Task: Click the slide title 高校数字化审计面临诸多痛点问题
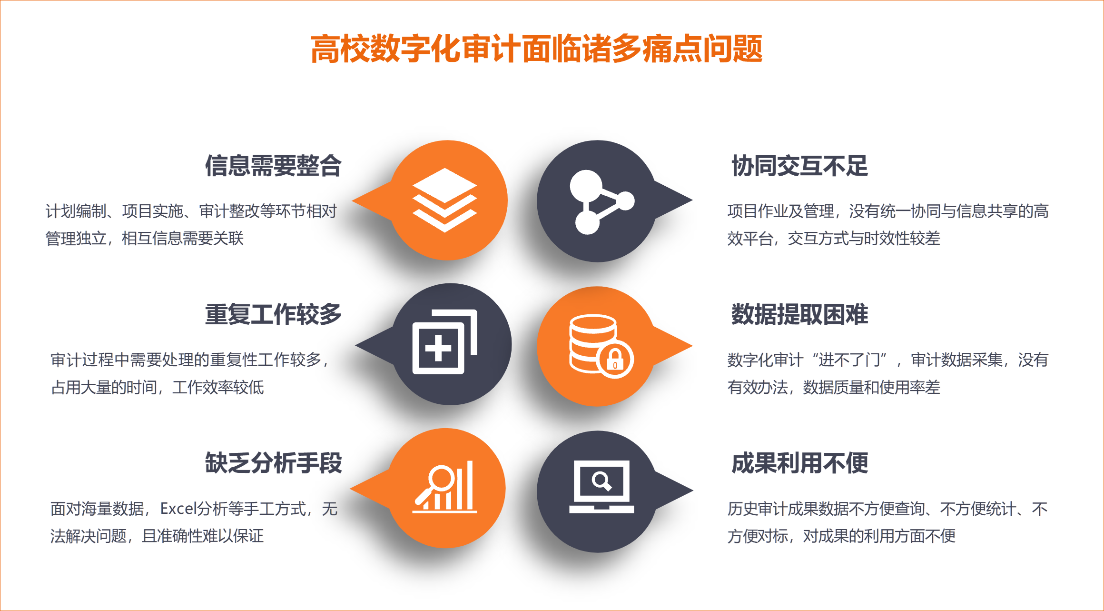click(536, 49)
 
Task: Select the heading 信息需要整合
click(273, 166)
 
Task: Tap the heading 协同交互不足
click(799, 166)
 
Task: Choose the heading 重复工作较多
click(273, 314)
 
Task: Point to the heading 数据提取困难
click(799, 314)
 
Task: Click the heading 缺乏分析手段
click(273, 463)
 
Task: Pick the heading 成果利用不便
click(799, 463)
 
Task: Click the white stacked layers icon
click(444, 200)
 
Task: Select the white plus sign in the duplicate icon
click(438, 349)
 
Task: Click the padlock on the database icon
click(615, 359)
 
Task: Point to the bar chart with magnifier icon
click(444, 487)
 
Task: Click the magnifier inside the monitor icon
click(601, 481)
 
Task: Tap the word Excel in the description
click(178, 509)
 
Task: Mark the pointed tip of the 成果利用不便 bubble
click(692, 491)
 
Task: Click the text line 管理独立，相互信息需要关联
click(145, 238)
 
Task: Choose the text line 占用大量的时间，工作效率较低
click(158, 387)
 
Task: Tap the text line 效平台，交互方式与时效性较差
click(834, 238)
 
